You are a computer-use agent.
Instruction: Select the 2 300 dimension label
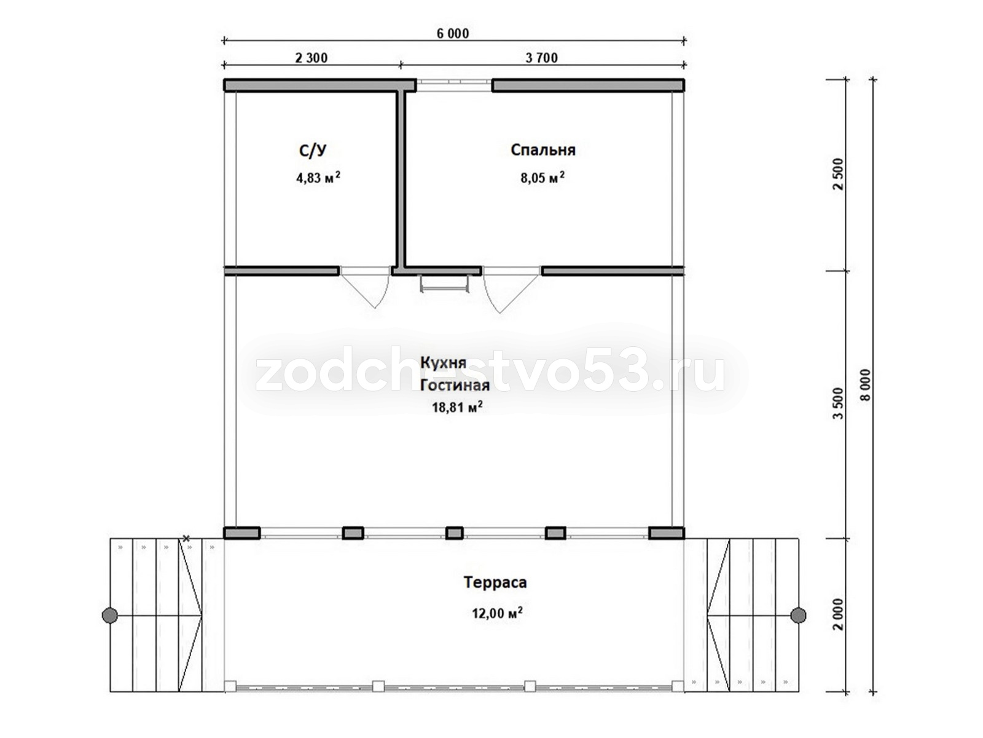(x=311, y=58)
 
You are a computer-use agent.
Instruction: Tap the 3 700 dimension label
(x=541, y=58)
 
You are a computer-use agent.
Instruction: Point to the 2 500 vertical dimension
(x=837, y=174)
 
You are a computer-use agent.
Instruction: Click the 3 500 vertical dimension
(x=837, y=403)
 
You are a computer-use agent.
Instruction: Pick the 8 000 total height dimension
(x=865, y=385)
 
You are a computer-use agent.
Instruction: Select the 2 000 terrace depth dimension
(x=837, y=614)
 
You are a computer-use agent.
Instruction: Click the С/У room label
(x=313, y=150)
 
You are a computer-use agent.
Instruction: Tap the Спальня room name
(x=542, y=149)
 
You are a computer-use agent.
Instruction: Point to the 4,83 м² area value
(x=318, y=178)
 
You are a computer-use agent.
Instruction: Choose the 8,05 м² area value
(x=542, y=178)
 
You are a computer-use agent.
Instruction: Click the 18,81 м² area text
(x=457, y=407)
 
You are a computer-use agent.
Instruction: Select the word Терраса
(x=495, y=582)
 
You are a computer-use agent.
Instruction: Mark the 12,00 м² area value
(x=497, y=613)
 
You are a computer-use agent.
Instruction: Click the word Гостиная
(x=455, y=386)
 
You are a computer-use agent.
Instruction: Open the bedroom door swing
(x=511, y=290)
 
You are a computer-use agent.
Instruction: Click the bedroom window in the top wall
(x=453, y=85)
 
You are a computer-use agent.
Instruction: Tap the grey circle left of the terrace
(x=110, y=615)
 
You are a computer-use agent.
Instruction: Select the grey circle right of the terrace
(x=797, y=615)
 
